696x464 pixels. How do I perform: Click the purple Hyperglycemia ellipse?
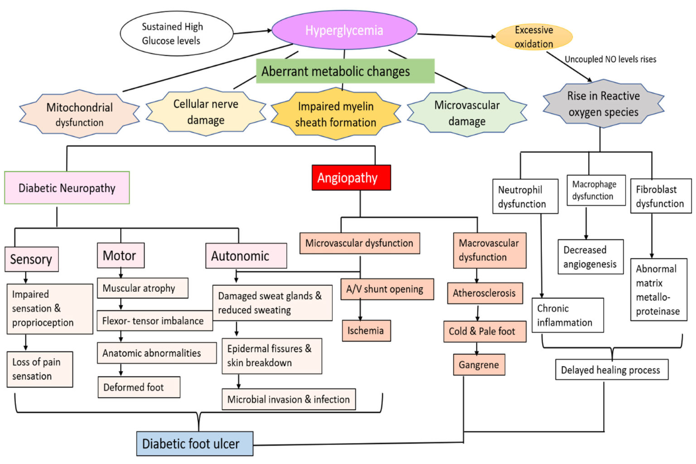(344, 30)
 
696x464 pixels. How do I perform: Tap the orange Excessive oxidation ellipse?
(534, 37)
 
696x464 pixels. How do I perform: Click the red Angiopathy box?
(351, 178)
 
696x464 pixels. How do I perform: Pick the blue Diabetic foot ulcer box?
(194, 444)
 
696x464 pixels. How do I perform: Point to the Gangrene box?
(478, 365)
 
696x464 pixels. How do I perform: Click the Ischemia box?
(366, 330)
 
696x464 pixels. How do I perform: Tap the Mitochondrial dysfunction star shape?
(80, 114)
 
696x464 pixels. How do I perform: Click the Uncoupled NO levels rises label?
(610, 59)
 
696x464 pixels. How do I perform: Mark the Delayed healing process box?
(611, 370)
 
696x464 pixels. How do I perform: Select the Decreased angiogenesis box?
(590, 257)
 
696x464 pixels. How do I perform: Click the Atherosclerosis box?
(484, 293)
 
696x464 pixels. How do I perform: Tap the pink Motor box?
(121, 256)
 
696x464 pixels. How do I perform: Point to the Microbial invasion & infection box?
(288, 399)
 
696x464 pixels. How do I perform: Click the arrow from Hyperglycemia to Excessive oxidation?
(456, 35)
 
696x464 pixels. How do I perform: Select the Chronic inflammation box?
(567, 315)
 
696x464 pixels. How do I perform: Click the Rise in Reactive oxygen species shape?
(603, 104)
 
